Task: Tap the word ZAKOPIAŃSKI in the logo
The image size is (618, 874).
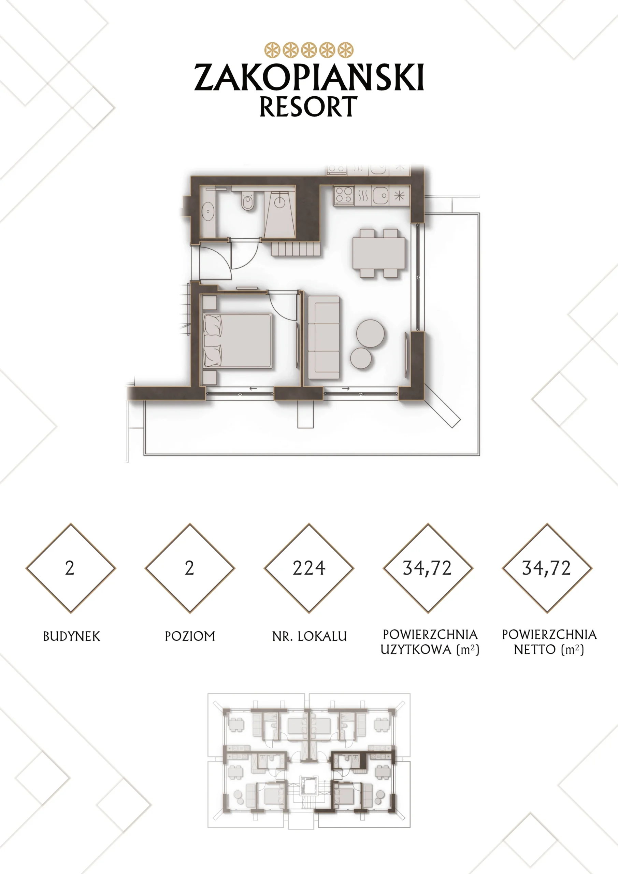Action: click(309, 77)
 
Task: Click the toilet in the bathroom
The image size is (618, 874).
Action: click(247, 201)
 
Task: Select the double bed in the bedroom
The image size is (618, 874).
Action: click(238, 341)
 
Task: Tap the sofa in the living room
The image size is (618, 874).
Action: click(324, 337)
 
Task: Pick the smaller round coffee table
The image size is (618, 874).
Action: click(361, 358)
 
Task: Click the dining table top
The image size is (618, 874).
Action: click(379, 253)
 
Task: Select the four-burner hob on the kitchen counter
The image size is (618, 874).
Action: click(344, 195)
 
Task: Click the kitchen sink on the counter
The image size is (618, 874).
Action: click(380, 196)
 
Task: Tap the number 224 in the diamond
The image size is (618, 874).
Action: click(309, 568)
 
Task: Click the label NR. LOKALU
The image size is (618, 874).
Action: click(310, 636)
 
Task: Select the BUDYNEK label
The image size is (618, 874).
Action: click(72, 636)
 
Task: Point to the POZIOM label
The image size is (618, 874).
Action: click(190, 636)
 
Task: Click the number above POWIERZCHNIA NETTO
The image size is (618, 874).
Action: click(546, 568)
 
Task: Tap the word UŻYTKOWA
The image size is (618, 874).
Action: click(416, 649)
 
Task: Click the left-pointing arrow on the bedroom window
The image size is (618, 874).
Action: click(253, 389)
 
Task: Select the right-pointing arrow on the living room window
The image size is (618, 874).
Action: click(346, 389)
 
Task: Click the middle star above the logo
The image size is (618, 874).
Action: click(309, 50)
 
